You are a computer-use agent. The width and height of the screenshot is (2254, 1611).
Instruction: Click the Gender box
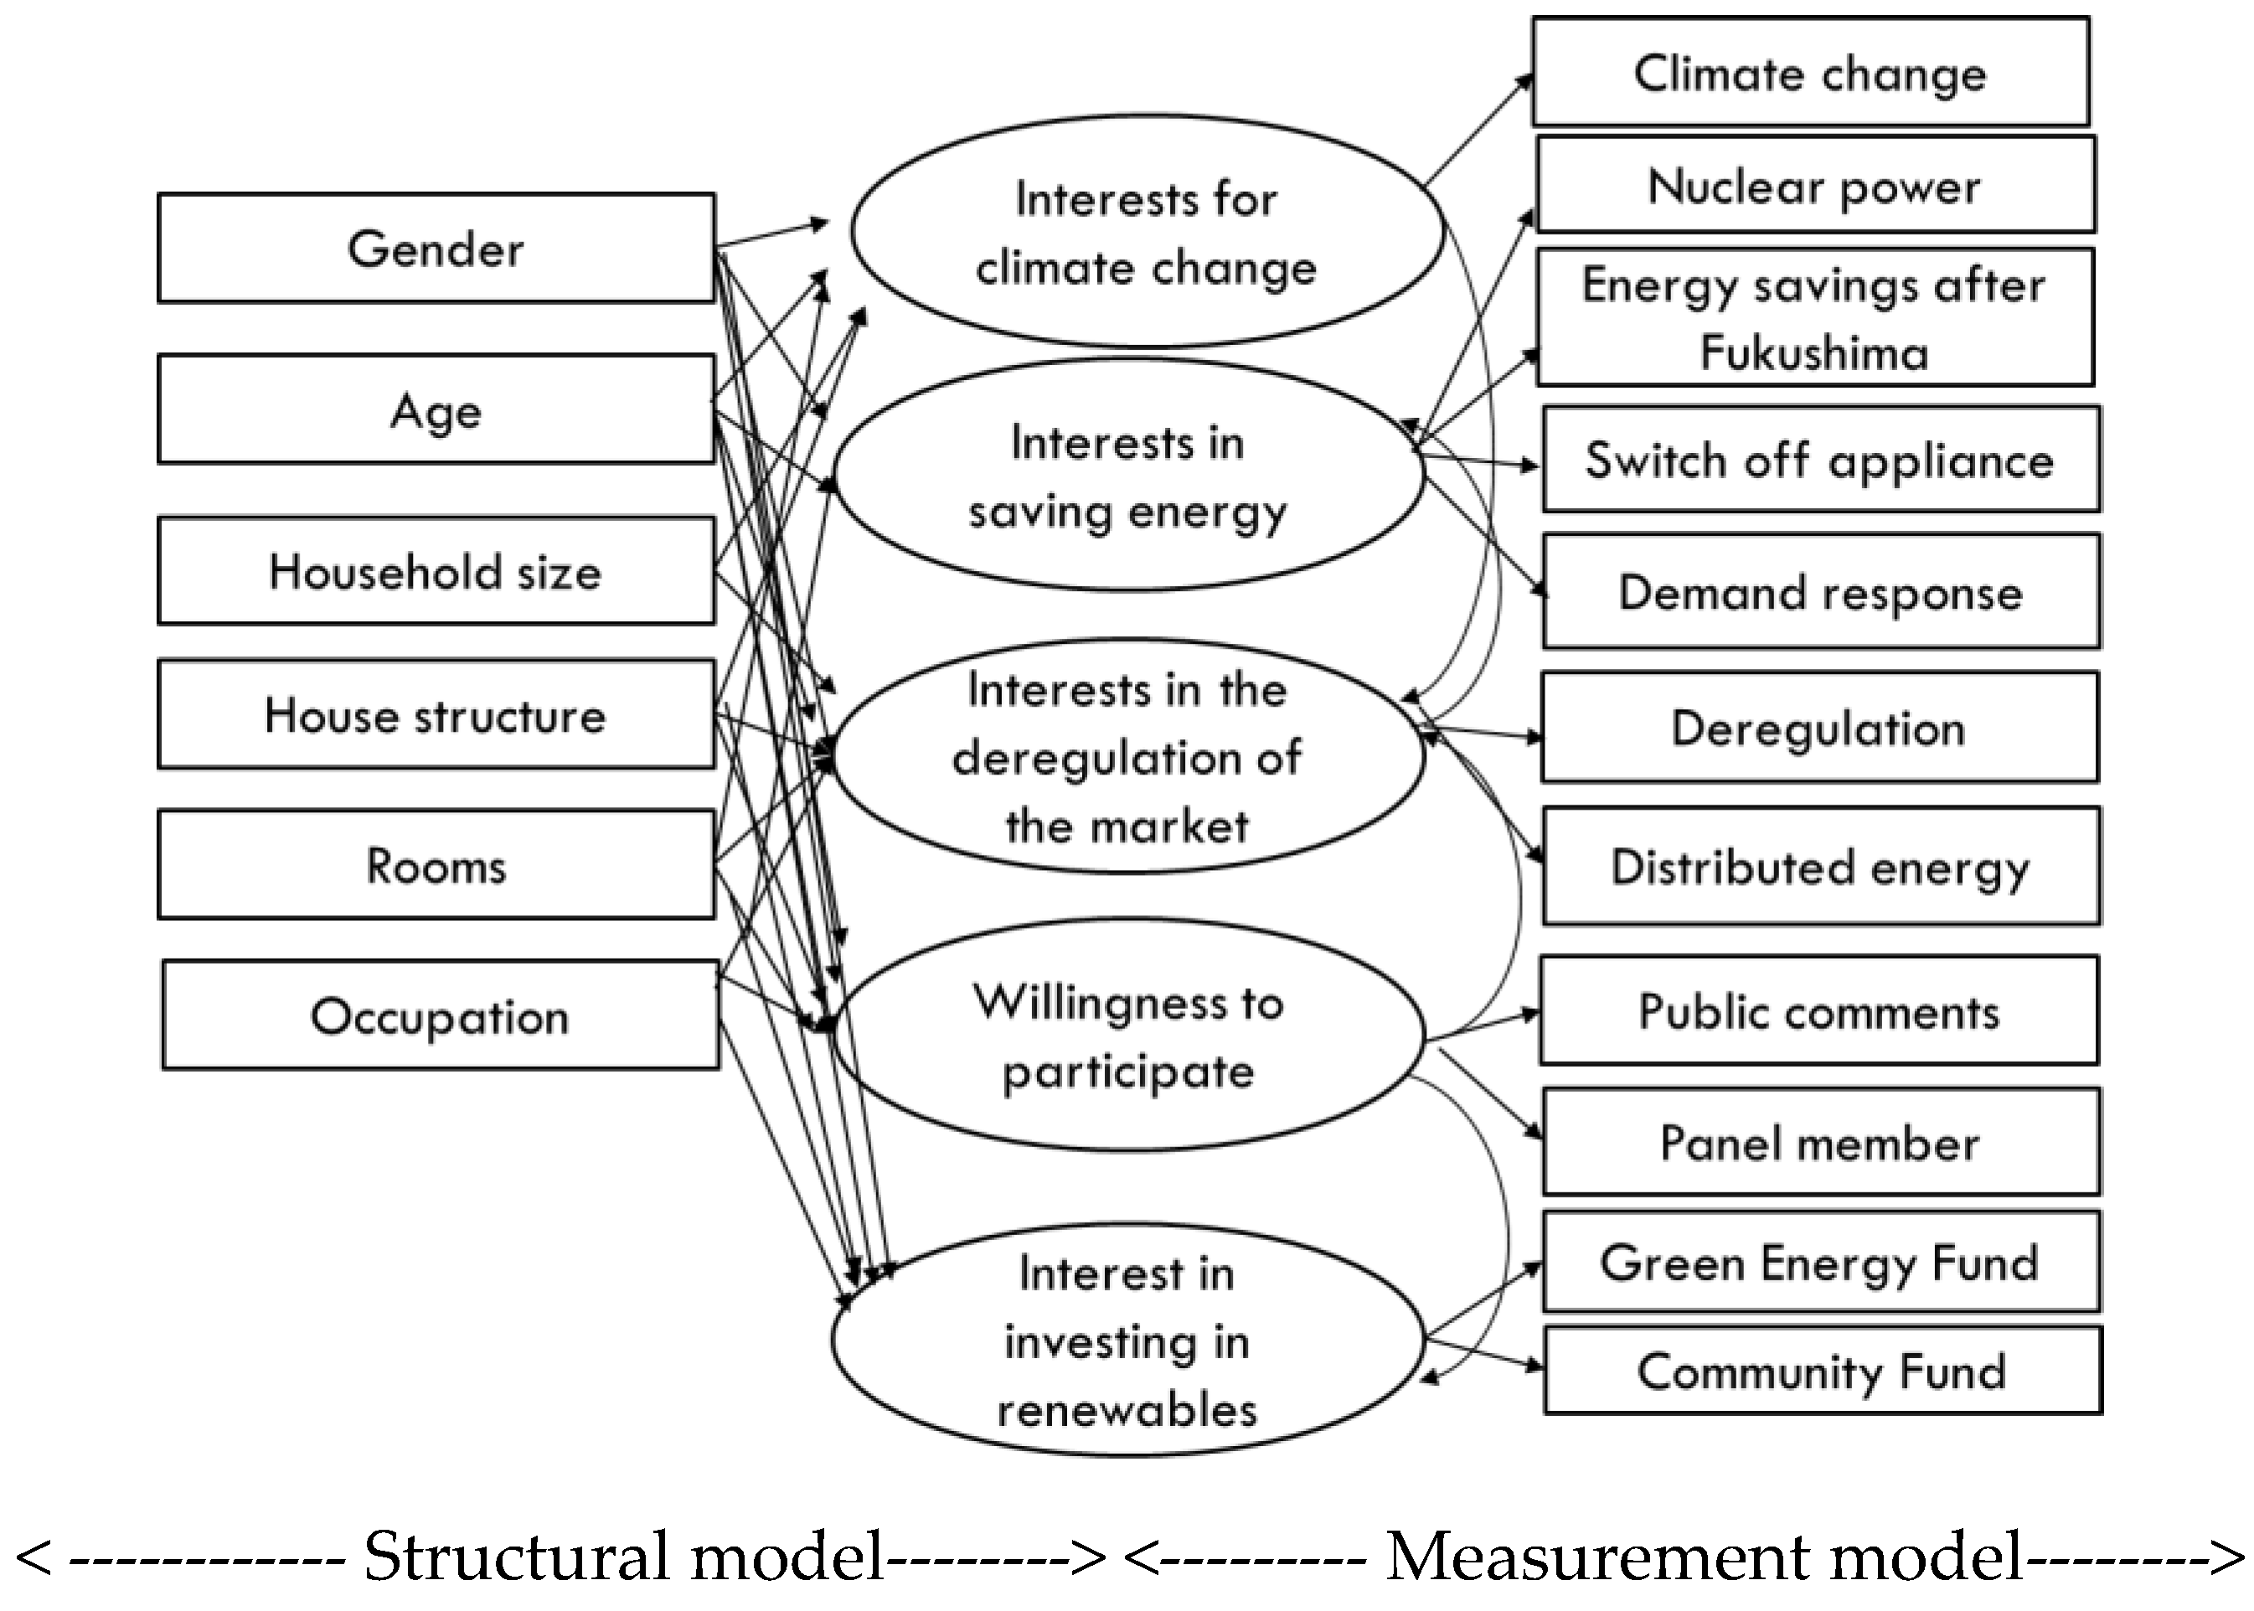436,248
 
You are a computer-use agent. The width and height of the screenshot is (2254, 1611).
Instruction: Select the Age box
436,409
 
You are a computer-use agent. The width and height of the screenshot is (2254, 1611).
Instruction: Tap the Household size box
436,571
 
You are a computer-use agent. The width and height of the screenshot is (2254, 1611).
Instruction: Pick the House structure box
436,714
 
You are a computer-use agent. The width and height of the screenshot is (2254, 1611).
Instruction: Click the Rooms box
436,865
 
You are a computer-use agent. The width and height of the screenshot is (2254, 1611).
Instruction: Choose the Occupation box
440,1015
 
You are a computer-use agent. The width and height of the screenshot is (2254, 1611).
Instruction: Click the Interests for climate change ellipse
1145,232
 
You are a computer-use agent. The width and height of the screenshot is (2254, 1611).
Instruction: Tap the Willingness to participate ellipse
1128,1036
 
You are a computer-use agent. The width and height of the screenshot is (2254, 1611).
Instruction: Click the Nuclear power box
1814,186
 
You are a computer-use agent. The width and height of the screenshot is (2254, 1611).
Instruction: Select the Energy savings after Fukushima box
1814,317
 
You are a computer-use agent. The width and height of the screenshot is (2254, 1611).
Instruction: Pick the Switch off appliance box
1819,460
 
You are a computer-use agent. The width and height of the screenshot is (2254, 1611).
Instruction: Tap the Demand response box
1820,591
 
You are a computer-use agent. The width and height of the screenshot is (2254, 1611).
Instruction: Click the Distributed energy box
1820,866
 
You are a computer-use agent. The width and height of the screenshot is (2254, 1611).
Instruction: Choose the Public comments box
1818,1011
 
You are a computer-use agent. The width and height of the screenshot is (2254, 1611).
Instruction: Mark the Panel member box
1820,1142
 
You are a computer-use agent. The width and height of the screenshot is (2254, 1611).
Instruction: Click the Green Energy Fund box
1820,1262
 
